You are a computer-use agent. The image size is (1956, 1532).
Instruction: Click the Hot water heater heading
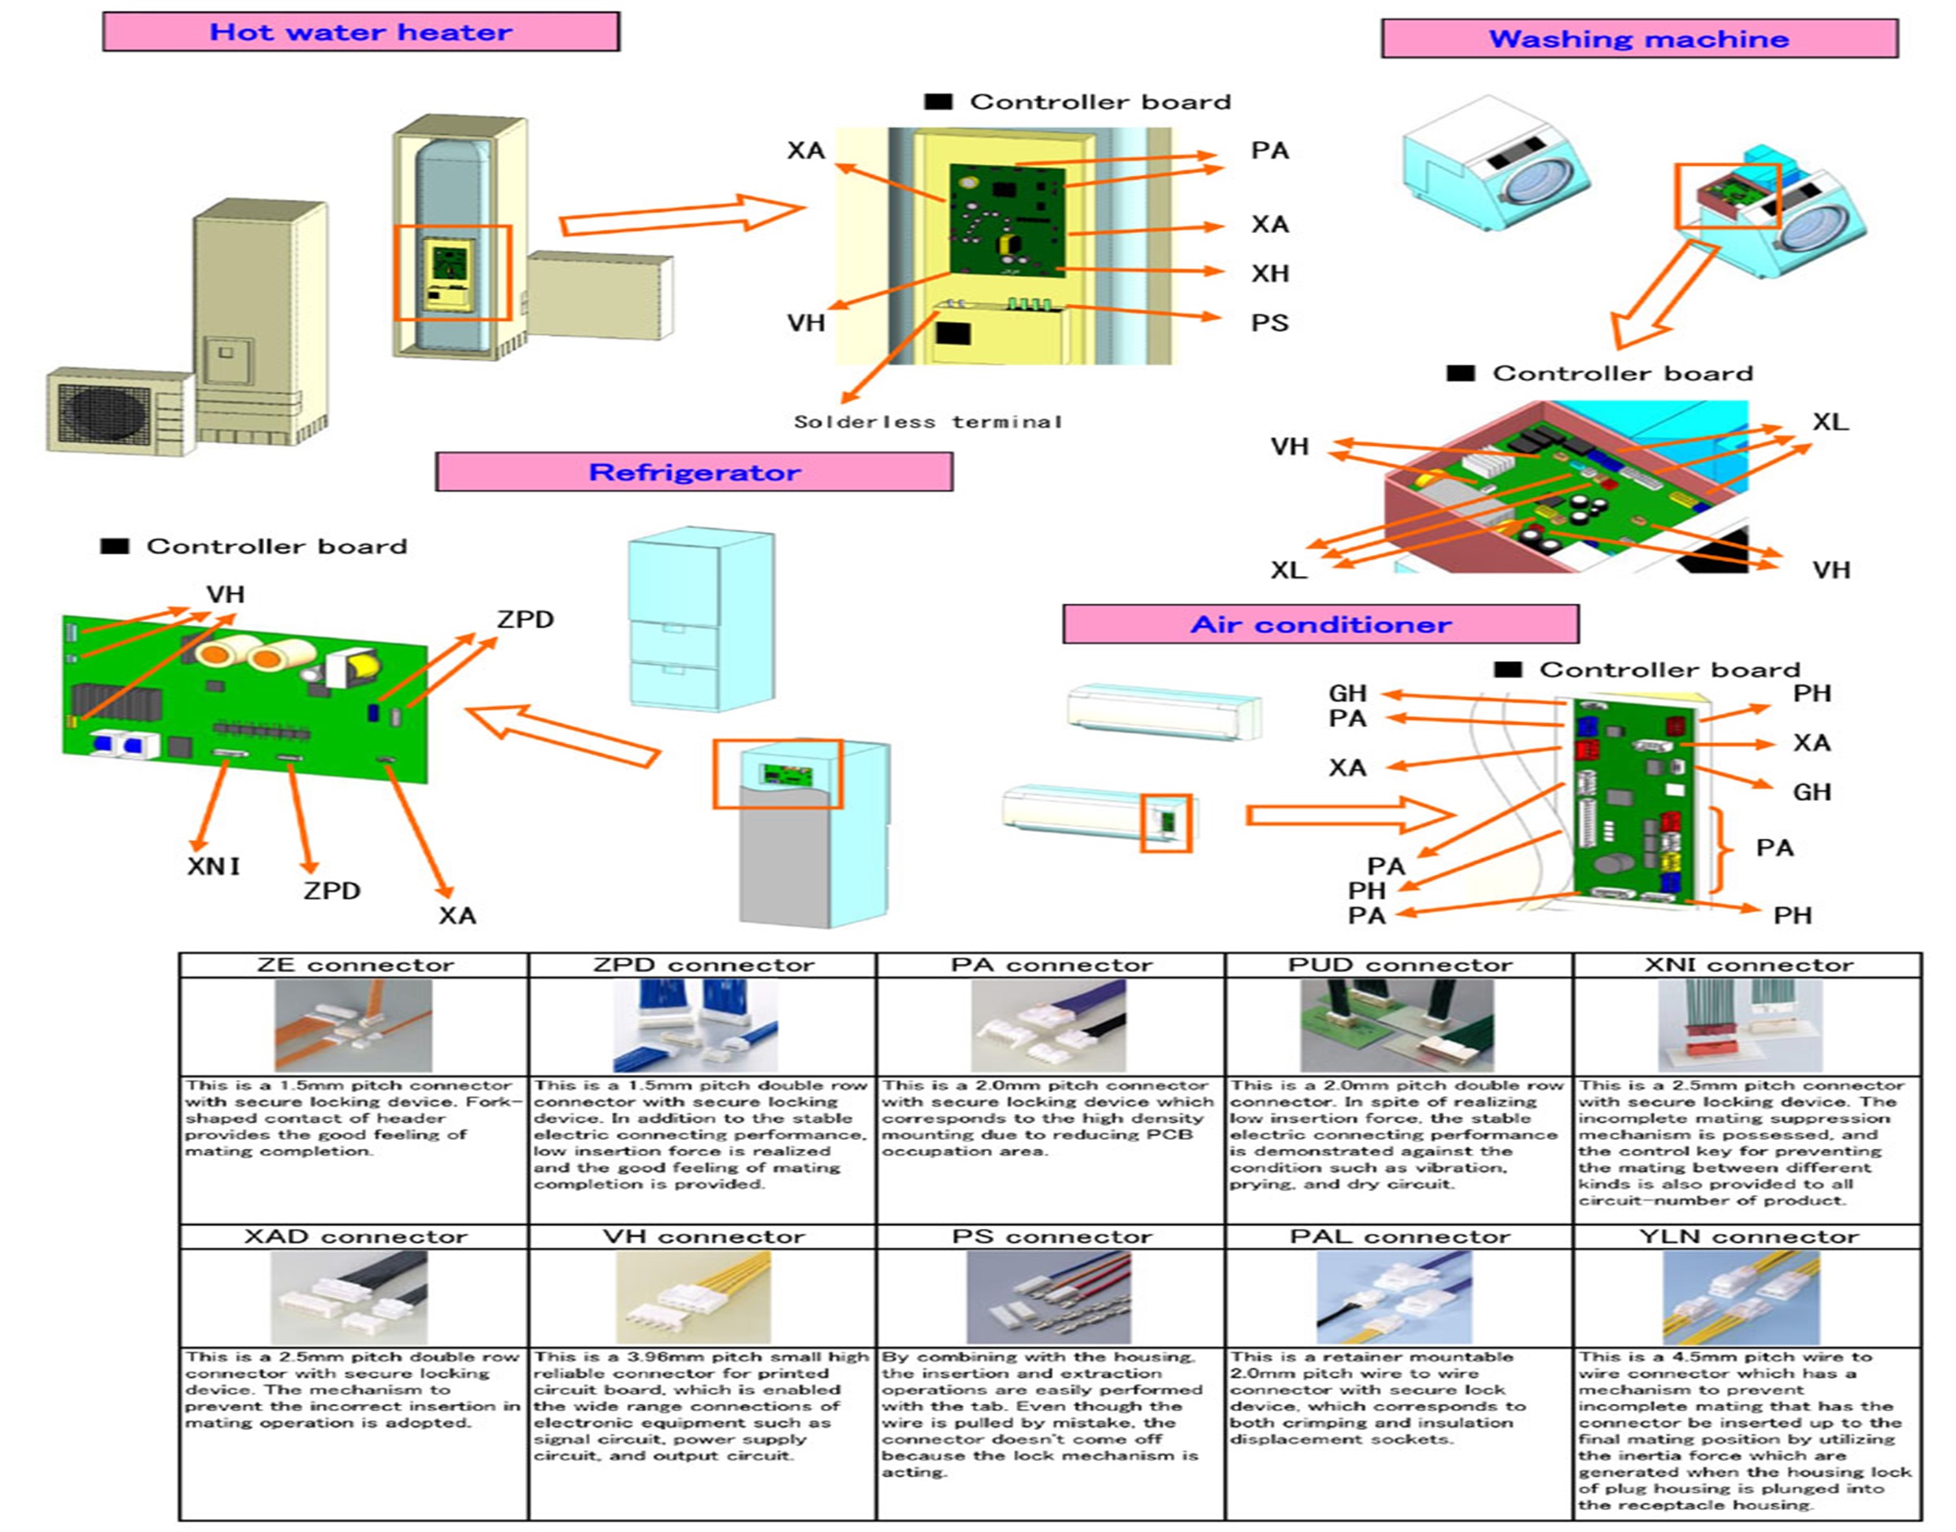click(x=360, y=33)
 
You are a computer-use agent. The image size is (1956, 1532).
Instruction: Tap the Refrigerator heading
click(x=694, y=473)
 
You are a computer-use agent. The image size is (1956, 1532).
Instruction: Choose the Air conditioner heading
click(x=1320, y=625)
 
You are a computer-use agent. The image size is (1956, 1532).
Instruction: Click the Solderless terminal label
click(x=928, y=421)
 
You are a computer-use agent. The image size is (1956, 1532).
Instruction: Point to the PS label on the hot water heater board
click(x=1269, y=323)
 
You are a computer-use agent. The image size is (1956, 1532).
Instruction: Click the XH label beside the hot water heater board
click(x=1269, y=274)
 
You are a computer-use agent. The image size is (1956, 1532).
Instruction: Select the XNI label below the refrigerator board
click(x=214, y=866)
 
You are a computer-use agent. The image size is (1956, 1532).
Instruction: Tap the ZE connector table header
click(x=355, y=965)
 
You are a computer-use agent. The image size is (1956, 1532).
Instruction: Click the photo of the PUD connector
click(x=1397, y=1025)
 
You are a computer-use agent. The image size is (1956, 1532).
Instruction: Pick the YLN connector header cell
click(x=1748, y=1237)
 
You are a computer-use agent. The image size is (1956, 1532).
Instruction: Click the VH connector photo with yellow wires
click(x=693, y=1298)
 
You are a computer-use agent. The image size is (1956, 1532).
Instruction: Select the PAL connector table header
click(x=1399, y=1237)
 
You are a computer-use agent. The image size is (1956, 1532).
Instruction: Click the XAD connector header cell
click(x=355, y=1237)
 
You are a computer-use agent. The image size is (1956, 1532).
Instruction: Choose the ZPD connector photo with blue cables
click(x=694, y=1025)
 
